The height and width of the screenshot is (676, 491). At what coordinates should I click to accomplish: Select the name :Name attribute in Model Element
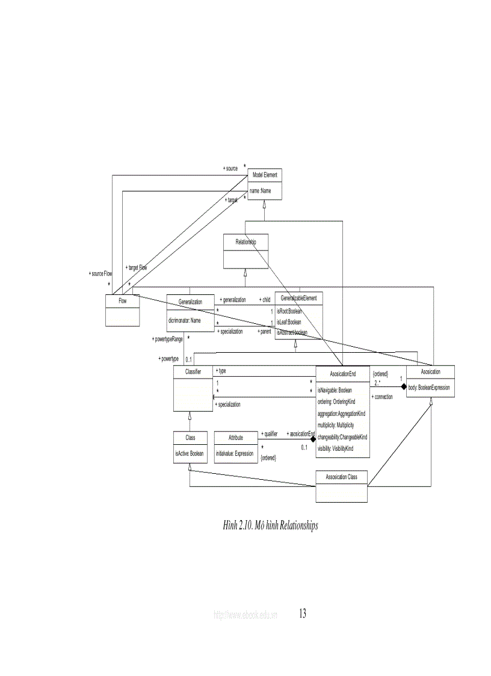[x=261, y=190]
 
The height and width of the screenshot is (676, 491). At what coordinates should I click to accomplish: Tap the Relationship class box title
[x=245, y=241]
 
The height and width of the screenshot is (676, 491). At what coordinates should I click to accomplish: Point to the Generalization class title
[x=190, y=302]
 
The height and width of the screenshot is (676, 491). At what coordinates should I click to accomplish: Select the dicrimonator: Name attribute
[x=184, y=320]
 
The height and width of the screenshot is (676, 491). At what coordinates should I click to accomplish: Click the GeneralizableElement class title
[x=298, y=298]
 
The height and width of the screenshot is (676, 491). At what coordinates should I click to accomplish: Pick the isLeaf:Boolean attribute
[x=289, y=322]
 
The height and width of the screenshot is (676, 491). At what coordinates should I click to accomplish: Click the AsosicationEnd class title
[x=342, y=374]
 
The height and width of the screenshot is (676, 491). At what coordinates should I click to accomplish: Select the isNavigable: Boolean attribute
[x=335, y=390]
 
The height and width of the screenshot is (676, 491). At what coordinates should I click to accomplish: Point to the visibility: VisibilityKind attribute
[x=335, y=448]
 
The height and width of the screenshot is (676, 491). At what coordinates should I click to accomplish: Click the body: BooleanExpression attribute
[x=428, y=388]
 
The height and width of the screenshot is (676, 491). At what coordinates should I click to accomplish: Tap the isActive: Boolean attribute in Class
[x=190, y=453]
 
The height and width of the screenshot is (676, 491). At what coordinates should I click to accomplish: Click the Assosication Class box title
[x=341, y=477]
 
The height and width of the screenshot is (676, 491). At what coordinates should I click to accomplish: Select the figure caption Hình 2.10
[x=270, y=526]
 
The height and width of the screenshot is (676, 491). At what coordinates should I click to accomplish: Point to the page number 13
[x=302, y=613]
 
